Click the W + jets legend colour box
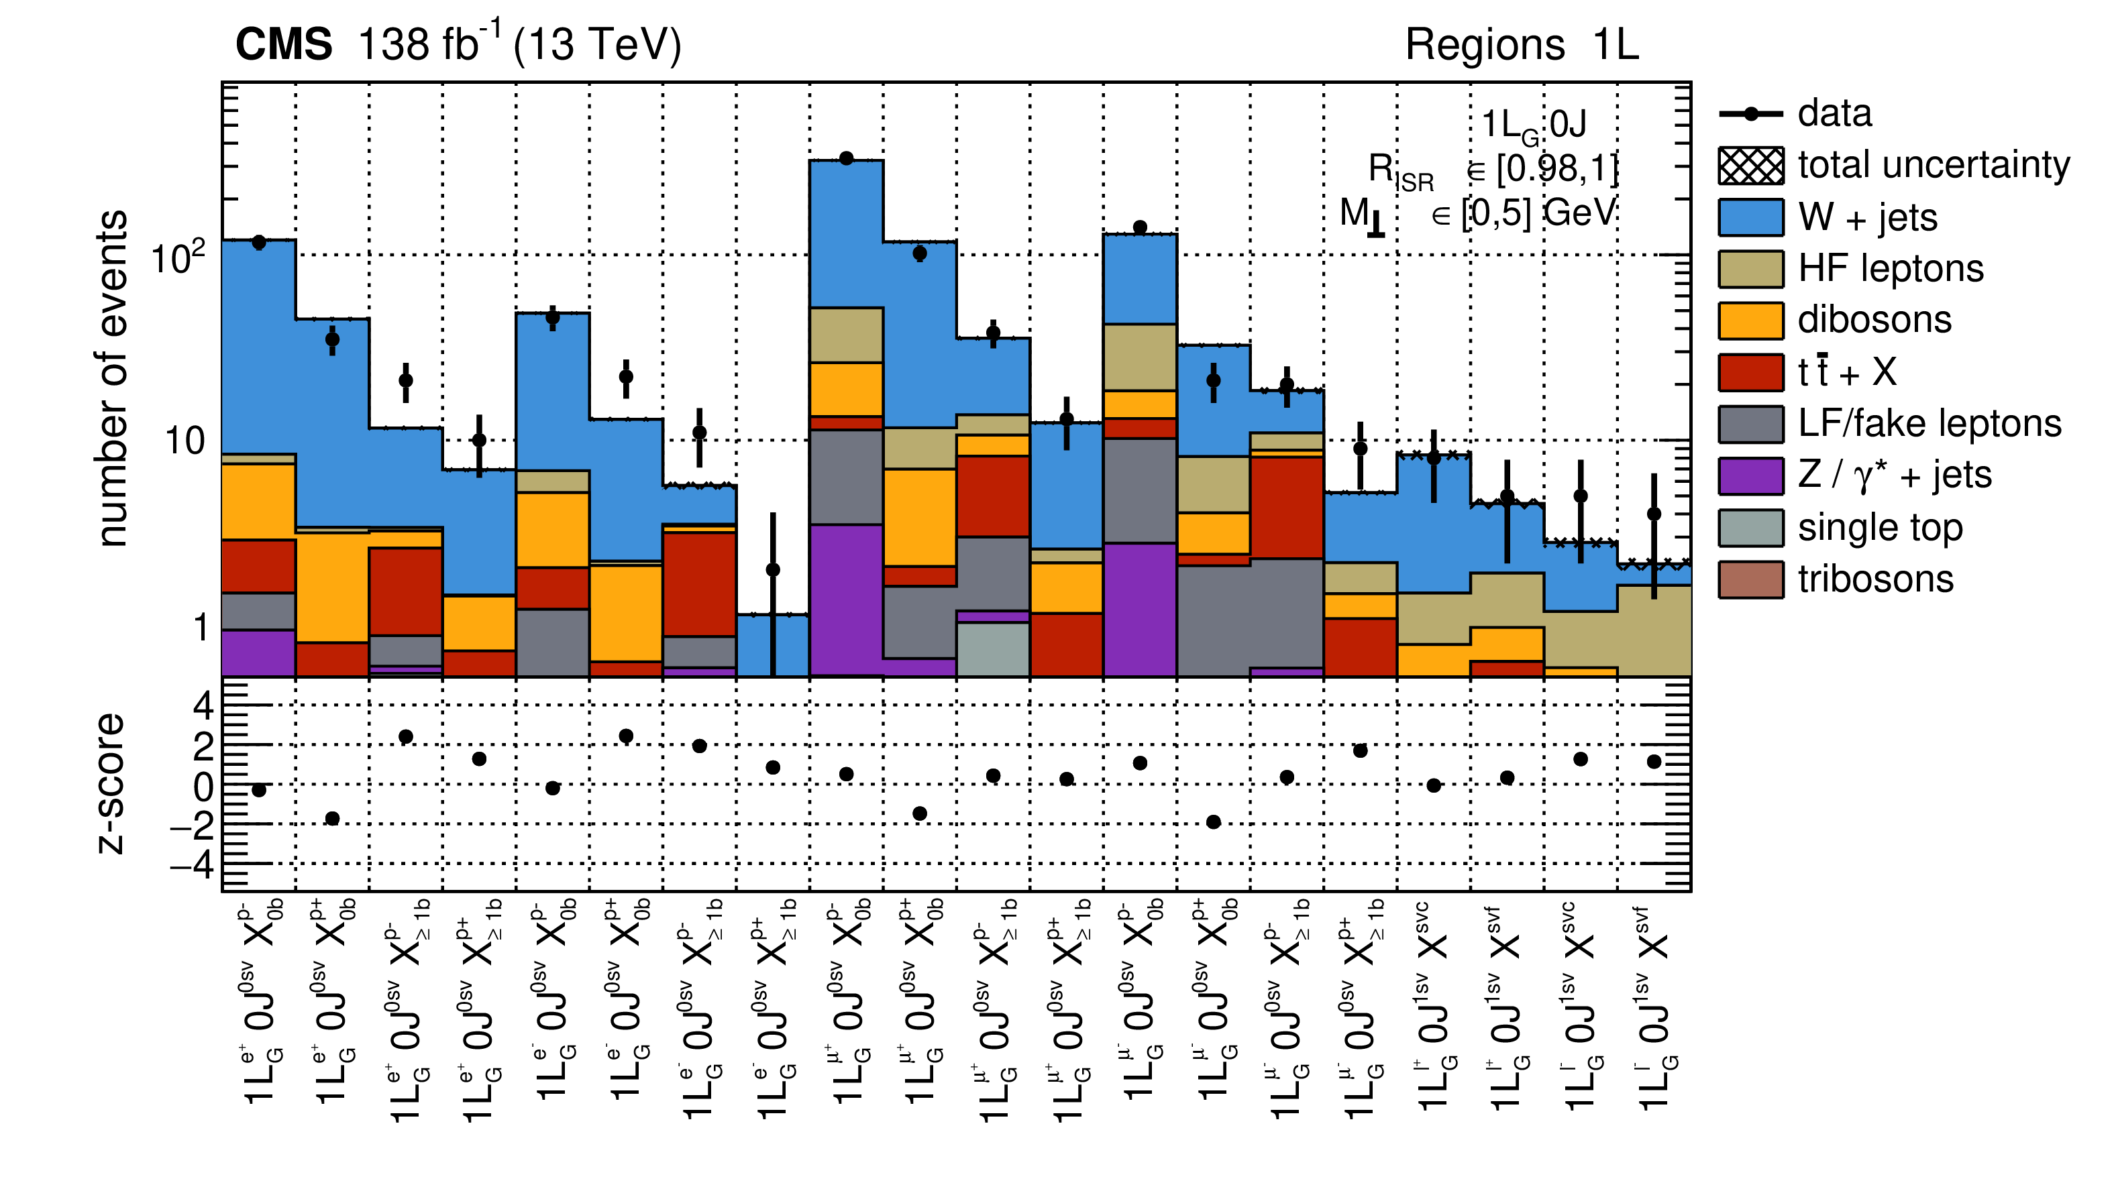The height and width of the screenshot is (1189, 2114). coord(1750,217)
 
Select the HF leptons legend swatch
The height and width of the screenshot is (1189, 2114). coord(1750,269)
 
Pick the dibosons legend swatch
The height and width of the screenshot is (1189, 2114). coord(1750,320)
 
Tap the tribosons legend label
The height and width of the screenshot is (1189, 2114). coord(1875,579)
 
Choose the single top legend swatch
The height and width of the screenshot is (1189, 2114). coord(1750,528)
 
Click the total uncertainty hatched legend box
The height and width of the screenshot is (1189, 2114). coord(1750,166)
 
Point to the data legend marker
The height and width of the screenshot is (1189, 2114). coord(1750,114)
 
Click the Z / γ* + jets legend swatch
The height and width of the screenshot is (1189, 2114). coord(1750,476)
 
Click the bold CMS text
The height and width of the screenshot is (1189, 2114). coord(284,44)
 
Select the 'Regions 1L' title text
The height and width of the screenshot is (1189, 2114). coord(1522,44)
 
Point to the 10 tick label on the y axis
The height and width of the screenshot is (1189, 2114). coord(185,441)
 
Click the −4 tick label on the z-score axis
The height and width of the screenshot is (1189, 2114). coord(192,864)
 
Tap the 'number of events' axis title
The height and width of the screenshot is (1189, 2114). coord(113,378)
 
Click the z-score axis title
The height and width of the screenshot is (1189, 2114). coord(111,784)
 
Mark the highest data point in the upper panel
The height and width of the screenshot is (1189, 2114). coord(846,158)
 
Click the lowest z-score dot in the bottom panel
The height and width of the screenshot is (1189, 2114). coord(1213,822)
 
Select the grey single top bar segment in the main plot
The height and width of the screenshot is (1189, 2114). coord(993,649)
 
